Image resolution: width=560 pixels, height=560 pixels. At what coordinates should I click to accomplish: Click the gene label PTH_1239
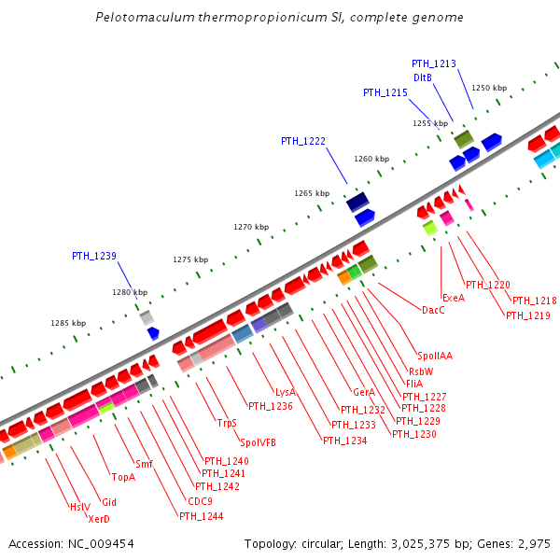click(x=94, y=255)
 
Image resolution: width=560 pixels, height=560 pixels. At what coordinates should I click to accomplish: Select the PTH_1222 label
click(x=303, y=141)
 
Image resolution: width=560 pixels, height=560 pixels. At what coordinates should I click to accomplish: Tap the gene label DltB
click(x=422, y=77)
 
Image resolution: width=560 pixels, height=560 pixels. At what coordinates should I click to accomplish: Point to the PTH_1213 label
click(x=434, y=63)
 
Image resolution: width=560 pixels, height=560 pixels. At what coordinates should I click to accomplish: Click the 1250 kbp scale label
click(x=488, y=88)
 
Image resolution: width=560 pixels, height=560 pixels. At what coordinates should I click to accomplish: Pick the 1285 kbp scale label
click(x=68, y=323)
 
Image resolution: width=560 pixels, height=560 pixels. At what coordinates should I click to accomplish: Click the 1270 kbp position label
click(x=251, y=227)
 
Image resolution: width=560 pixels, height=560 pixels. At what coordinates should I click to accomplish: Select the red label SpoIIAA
click(x=435, y=355)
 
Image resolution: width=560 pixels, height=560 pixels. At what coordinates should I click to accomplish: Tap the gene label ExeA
click(x=454, y=298)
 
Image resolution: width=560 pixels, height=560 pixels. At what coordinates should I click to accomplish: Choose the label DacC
click(x=433, y=310)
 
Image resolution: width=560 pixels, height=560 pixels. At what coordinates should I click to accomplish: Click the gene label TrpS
click(x=227, y=423)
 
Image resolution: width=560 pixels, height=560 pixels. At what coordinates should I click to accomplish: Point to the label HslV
click(x=80, y=507)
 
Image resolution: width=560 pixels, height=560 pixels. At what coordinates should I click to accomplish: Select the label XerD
click(x=99, y=519)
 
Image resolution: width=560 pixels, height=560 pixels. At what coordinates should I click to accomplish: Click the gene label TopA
click(x=124, y=477)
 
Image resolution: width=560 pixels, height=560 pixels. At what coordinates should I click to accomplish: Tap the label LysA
click(x=286, y=392)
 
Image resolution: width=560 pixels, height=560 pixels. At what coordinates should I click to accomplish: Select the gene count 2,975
click(x=533, y=543)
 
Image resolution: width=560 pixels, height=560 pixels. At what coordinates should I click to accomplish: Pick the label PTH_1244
click(x=202, y=516)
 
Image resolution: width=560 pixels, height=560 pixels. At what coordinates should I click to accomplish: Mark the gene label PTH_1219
click(x=528, y=315)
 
